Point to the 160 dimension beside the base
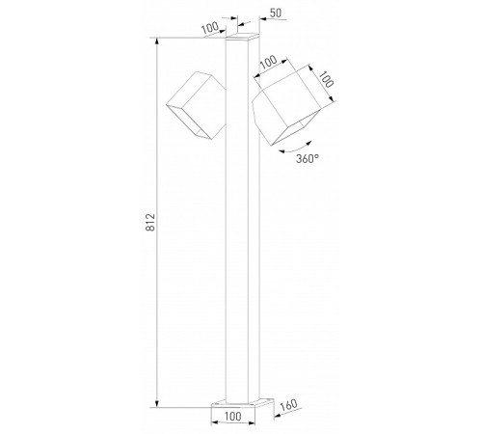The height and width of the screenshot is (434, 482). (287, 406)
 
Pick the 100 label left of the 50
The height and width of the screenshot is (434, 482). (207, 27)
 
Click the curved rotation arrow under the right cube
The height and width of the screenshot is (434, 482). (289, 145)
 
